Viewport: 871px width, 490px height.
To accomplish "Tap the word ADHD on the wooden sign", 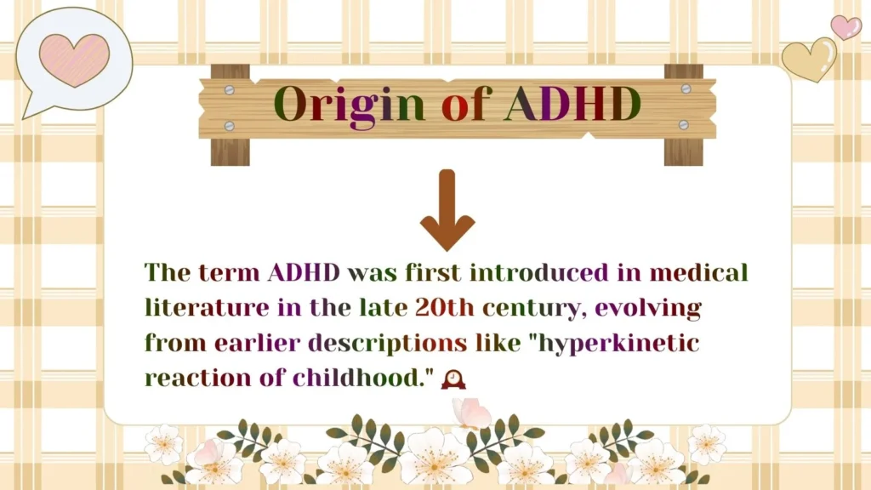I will (x=572, y=104).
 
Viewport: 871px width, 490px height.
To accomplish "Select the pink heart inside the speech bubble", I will (x=74, y=59).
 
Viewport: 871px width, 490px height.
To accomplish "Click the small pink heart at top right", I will (x=845, y=26).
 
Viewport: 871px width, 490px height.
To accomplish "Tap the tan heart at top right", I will (x=809, y=59).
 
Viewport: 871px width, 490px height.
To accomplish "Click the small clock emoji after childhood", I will (x=453, y=379).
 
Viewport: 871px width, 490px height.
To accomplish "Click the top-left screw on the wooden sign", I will (x=229, y=88).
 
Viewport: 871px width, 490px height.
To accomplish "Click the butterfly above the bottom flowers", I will (x=471, y=414).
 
